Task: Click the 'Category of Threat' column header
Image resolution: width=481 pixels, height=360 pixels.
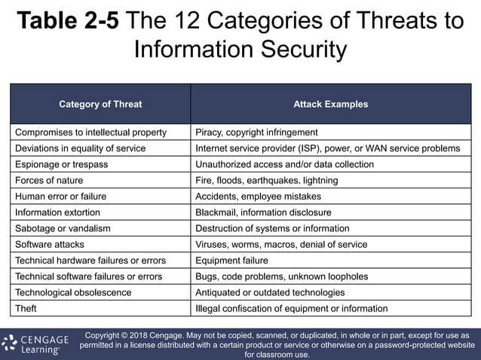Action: coord(100,104)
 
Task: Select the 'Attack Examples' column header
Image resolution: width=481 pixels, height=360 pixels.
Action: coord(330,104)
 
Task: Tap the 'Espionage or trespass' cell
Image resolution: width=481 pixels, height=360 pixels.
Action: coord(62,164)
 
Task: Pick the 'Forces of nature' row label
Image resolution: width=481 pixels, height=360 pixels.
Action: coord(49,181)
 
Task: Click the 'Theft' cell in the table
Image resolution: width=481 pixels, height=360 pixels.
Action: coord(26,309)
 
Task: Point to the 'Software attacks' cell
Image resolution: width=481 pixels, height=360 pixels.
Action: coord(50,245)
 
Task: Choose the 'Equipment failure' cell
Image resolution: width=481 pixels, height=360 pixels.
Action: coord(231,261)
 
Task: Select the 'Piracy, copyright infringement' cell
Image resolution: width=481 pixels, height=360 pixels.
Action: coord(256,133)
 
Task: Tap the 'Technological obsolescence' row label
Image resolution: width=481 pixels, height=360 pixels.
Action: coord(73,292)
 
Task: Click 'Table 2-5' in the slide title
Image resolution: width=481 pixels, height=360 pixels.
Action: coord(68,20)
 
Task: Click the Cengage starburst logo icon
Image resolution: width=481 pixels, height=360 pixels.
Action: coord(10,343)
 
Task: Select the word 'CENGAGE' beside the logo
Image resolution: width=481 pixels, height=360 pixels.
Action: coord(44,340)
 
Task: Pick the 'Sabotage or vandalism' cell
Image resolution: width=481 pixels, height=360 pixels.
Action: coord(62,228)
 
